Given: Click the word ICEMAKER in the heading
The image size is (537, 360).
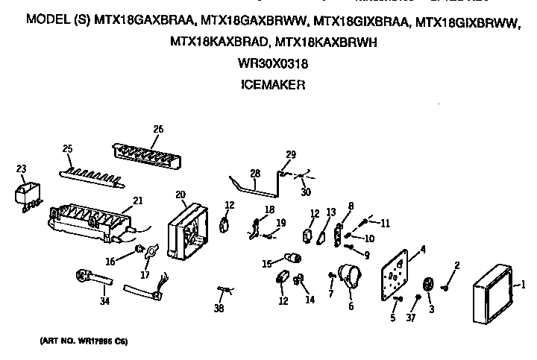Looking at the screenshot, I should pyautogui.click(x=272, y=86).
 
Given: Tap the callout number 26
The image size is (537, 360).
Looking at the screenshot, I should pyautogui.click(x=157, y=129).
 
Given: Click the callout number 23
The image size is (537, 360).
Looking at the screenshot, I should pyautogui.click(x=21, y=168).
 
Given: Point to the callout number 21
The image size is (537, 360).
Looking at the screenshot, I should pyautogui.click(x=138, y=200).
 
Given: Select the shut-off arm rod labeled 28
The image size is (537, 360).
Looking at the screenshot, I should pyautogui.click(x=250, y=186).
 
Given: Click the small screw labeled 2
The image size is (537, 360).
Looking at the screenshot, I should pyautogui.click(x=446, y=281).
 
